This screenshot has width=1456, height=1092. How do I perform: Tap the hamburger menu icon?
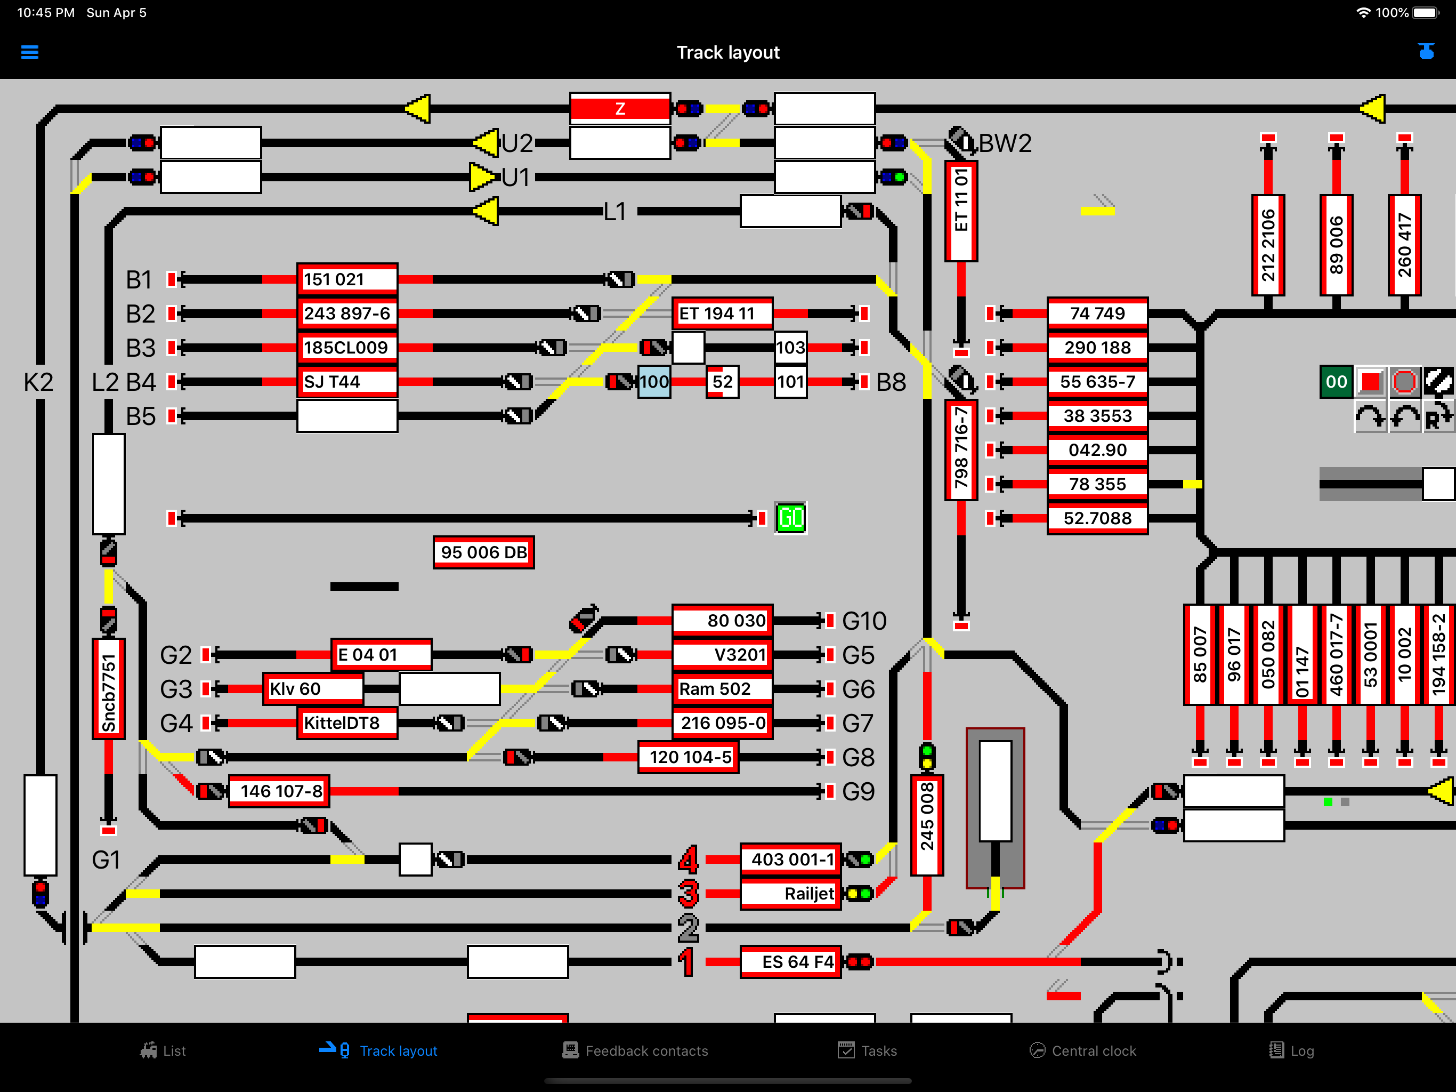pyautogui.click(x=30, y=52)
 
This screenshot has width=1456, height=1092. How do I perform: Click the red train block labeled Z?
pyautogui.click(x=619, y=109)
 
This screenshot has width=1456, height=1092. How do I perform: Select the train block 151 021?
pyautogui.click(x=347, y=279)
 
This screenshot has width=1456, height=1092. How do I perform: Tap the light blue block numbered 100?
pyautogui.click(x=654, y=381)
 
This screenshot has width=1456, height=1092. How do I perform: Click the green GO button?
pyautogui.click(x=790, y=518)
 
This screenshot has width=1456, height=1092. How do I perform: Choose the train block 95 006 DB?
pyautogui.click(x=484, y=552)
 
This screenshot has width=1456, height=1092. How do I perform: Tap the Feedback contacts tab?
pyautogui.click(x=636, y=1050)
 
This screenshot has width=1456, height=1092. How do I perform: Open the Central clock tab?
pyautogui.click(x=1083, y=1050)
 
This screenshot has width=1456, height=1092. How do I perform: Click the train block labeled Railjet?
pyautogui.click(x=790, y=894)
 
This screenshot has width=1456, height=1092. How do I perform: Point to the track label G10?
pyautogui.click(x=864, y=621)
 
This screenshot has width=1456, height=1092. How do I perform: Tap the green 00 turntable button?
pyautogui.click(x=1336, y=381)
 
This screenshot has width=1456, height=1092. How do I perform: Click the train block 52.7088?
pyautogui.click(x=1097, y=518)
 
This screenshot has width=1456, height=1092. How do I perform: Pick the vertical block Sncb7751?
pyautogui.click(x=109, y=689)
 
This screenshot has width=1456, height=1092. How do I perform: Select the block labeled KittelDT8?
pyautogui.click(x=347, y=723)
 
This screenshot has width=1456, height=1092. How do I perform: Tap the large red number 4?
pyautogui.click(x=688, y=860)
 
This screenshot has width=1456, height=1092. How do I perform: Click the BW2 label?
pyautogui.click(x=1005, y=143)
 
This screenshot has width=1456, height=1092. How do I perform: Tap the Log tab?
pyautogui.click(x=1291, y=1050)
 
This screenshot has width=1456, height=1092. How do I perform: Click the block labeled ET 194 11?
pyautogui.click(x=722, y=314)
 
